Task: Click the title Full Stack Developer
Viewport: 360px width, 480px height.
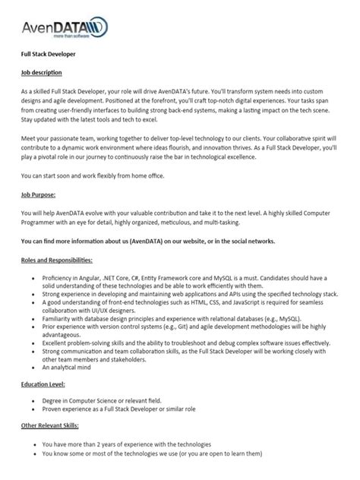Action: click(x=47, y=56)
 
